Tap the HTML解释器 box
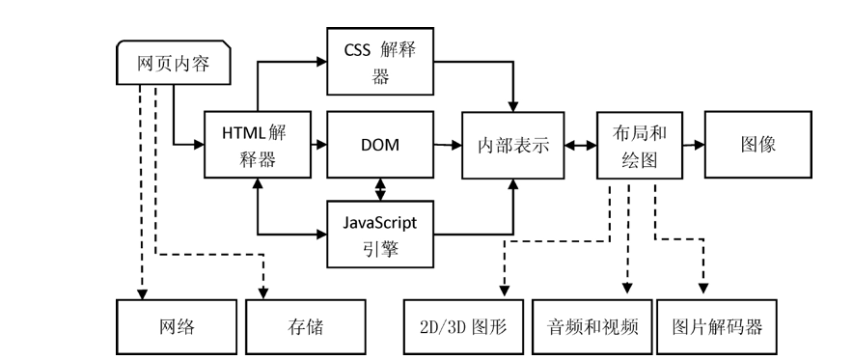coord(258,145)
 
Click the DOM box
coord(379,145)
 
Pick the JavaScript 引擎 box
coord(379,234)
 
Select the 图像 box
coord(757,145)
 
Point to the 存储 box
coord(306,326)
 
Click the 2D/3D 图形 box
coord(464,326)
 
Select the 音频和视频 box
coord(592,326)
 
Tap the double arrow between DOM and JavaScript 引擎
coord(380,189)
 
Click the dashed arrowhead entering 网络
coord(142,291)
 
